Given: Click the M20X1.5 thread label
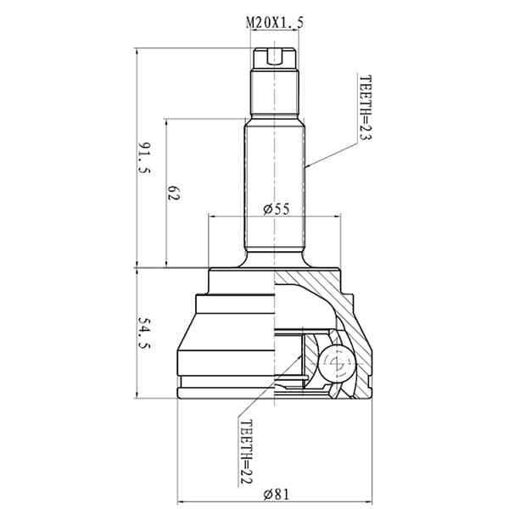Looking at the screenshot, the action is click(275, 23).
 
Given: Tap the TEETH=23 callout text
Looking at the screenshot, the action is click(365, 108).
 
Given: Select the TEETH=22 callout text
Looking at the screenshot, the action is click(246, 451).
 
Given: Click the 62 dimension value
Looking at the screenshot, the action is click(173, 193).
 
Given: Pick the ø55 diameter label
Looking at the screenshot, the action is click(277, 210).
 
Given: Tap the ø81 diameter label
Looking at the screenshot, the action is click(277, 495).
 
